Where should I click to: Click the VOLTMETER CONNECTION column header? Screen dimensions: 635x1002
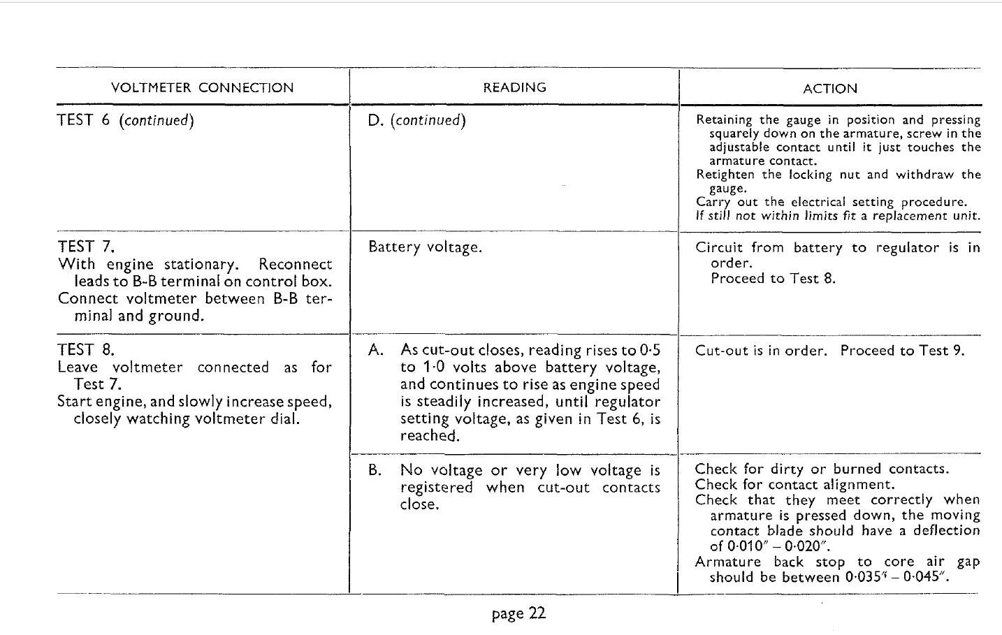[x=203, y=88]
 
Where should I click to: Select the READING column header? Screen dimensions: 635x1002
[x=514, y=87]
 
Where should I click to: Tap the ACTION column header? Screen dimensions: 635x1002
[x=830, y=89]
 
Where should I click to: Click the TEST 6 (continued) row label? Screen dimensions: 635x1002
[x=126, y=120]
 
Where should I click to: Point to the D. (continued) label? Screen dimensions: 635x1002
[x=416, y=120]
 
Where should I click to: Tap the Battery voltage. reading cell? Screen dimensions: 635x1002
[x=425, y=247]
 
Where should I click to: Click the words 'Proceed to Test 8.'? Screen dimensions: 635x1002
[x=773, y=278]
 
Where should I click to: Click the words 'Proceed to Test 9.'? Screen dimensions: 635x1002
[x=902, y=351]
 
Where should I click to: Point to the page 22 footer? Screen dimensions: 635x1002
[x=518, y=613]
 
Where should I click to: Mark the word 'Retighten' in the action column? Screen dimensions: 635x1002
[x=725, y=175]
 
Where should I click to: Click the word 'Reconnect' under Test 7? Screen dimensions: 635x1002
[x=295, y=264]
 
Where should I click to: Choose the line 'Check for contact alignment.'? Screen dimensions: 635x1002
[x=794, y=484]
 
